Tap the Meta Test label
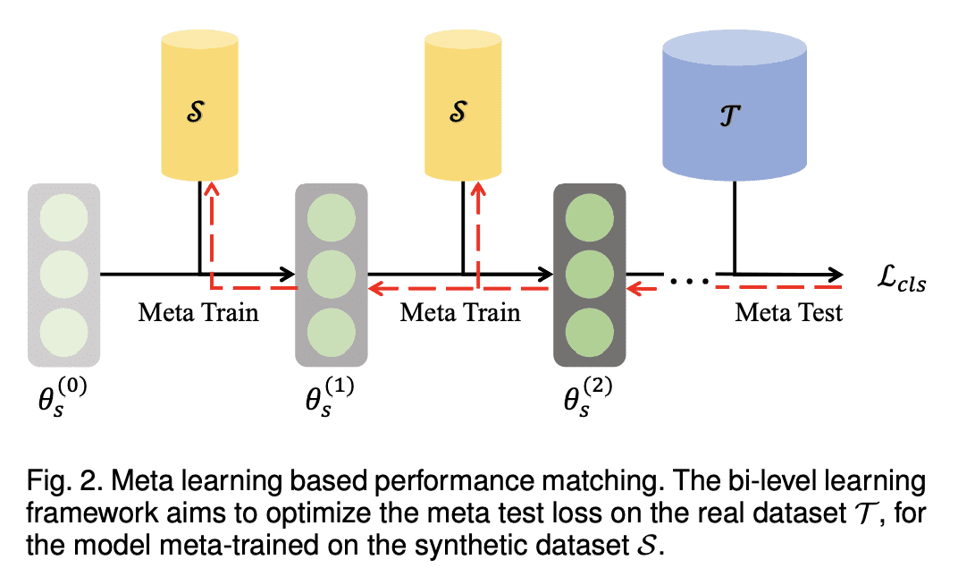point(788,313)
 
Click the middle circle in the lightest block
point(63,271)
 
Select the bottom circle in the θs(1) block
point(332,327)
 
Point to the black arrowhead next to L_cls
point(835,272)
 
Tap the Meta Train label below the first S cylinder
point(197,313)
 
